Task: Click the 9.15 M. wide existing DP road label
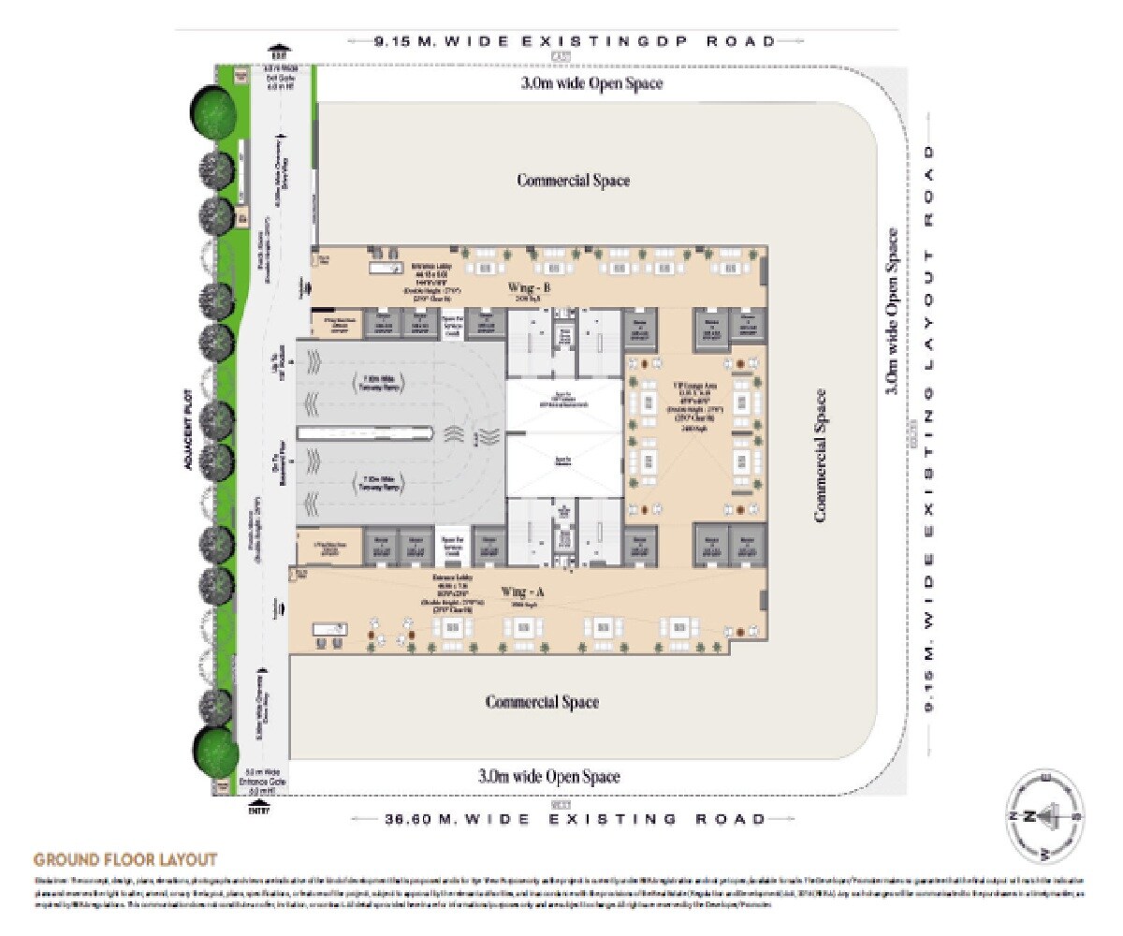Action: (575, 41)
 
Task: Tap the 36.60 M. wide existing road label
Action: (575, 819)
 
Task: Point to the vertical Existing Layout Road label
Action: (929, 426)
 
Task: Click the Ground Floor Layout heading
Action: (125, 859)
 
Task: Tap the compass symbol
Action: (1043, 815)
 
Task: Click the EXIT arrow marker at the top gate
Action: (278, 50)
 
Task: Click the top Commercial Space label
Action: (574, 180)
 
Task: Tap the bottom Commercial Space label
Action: (542, 702)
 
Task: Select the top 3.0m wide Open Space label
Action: (591, 83)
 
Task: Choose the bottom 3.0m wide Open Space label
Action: (548, 776)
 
